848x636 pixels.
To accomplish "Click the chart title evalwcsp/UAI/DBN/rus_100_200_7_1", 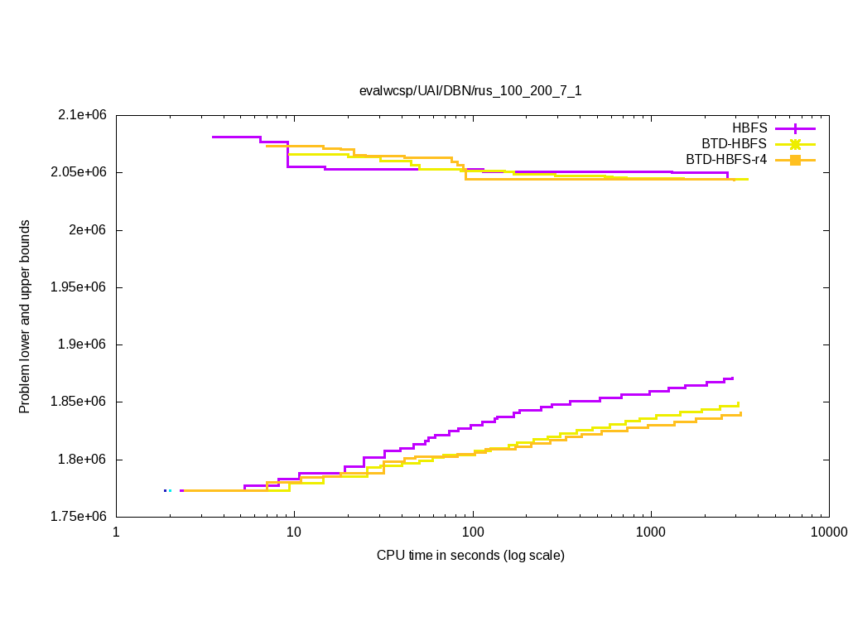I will coord(470,90).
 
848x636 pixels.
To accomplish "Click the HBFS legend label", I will coord(749,128).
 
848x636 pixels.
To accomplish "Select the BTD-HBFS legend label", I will coord(734,144).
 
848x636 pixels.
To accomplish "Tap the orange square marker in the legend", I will coord(795,160).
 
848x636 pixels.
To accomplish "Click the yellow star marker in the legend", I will coord(795,144).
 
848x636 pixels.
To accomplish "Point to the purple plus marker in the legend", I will coord(795,128).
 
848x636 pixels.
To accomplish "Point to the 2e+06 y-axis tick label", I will coord(89,230).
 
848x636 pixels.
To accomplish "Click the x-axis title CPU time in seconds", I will coord(470,555).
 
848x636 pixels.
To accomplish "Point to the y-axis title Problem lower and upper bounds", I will coord(25,316).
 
